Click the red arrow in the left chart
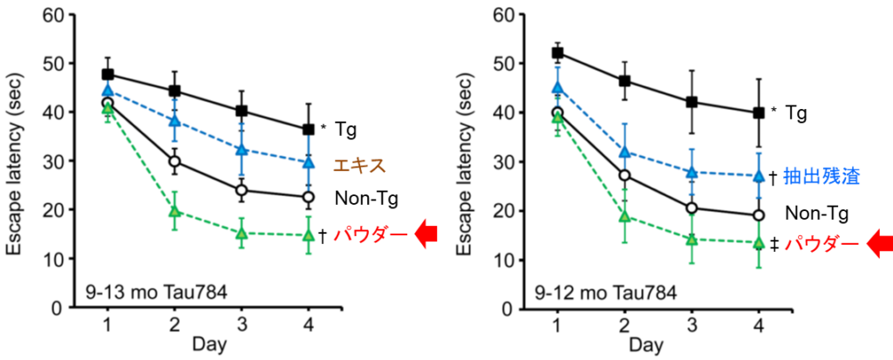pyautogui.click(x=427, y=236)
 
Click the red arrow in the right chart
pyautogui.click(x=876, y=245)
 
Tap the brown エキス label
pyautogui.click(x=360, y=164)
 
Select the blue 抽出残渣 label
pyautogui.click(x=822, y=176)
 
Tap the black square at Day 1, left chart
pyautogui.click(x=107, y=74)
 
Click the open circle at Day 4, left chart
pyautogui.click(x=309, y=198)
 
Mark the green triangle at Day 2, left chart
pyautogui.click(x=174, y=211)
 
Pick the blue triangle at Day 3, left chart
pyautogui.click(x=242, y=150)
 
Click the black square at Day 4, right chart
pyautogui.click(x=759, y=112)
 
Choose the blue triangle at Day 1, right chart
pyautogui.click(x=557, y=88)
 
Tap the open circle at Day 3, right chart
pyautogui.click(x=692, y=207)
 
